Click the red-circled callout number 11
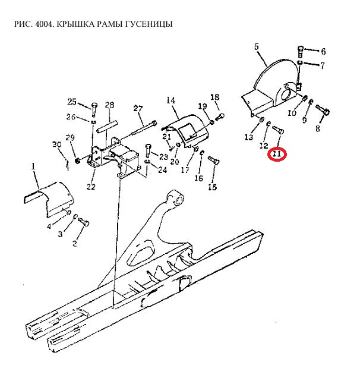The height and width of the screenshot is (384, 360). tap(277, 155)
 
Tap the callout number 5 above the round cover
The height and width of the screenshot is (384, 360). tap(257, 46)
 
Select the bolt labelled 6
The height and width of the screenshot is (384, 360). tap(300, 51)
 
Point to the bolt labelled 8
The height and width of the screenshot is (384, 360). tap(323, 110)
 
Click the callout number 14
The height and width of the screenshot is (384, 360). tap(171, 100)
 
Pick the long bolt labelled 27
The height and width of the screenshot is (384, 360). tap(143, 128)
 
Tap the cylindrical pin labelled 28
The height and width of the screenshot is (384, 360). tap(107, 127)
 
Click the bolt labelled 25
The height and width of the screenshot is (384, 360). tap(94, 110)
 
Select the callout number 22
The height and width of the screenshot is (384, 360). tap(91, 187)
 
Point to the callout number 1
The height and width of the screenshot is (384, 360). tap(33, 166)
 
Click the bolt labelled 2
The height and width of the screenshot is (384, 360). tap(84, 222)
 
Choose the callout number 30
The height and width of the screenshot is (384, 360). tap(57, 144)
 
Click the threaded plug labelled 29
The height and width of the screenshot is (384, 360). tap(77, 161)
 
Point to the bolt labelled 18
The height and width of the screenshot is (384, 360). tap(220, 117)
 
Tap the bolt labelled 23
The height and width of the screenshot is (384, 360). tap(149, 151)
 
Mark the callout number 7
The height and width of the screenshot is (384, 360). tap(323, 65)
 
